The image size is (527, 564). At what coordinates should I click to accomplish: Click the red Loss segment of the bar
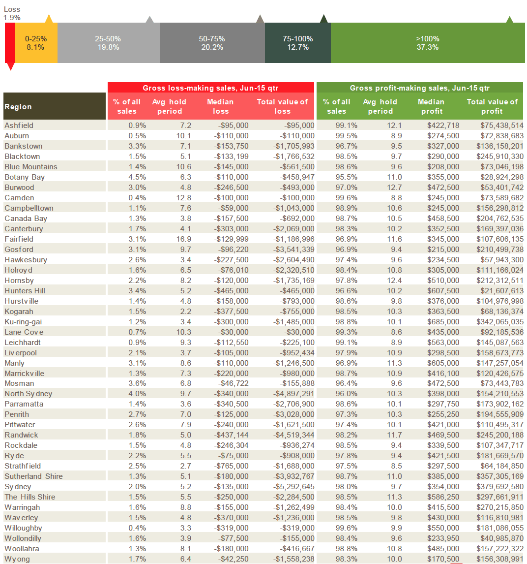pos(10,43)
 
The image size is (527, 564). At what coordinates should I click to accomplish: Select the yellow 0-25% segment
pos(36,43)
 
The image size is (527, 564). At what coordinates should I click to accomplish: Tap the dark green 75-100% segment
pos(298,43)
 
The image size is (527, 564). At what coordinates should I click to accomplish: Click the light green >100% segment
pos(428,43)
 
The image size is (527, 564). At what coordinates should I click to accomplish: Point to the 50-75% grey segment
pos(212,43)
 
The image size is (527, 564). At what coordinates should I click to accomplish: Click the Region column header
pos(18,106)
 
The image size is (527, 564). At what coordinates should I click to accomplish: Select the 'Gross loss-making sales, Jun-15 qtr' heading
pos(210,88)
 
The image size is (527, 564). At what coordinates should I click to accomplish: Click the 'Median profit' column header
pos(431,106)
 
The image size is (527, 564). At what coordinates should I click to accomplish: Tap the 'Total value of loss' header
pos(282,106)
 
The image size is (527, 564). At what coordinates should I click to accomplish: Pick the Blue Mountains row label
pos(31,166)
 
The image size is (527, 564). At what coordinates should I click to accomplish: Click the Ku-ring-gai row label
pos(23,321)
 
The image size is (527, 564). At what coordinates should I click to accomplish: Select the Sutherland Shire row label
pos(34,476)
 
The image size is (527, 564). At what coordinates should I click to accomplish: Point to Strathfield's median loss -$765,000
pos(232,466)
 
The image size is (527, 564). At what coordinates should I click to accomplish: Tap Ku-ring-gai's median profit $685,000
pos(443,321)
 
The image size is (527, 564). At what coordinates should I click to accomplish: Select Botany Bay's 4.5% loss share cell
pos(137,177)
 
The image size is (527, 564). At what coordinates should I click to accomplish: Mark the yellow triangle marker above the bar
pos(49,19)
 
